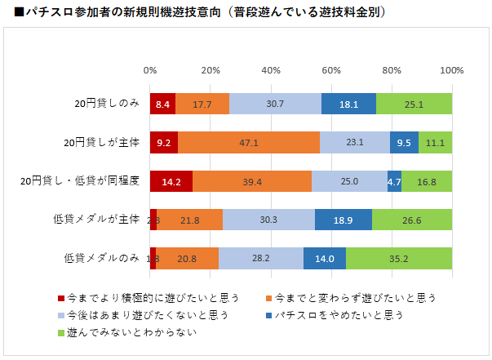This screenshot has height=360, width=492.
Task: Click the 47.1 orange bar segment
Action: pos(249,143)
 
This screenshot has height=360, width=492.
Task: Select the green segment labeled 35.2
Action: pos(399,259)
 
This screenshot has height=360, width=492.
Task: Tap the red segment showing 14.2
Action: pos(171,181)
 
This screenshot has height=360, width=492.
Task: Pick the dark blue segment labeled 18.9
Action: pos(344,220)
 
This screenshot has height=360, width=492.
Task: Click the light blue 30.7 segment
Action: pos(275,104)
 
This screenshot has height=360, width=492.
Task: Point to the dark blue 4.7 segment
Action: pos(394,181)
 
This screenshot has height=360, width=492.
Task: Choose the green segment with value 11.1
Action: pos(435,143)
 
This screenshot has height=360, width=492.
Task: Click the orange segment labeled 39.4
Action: pos(252,181)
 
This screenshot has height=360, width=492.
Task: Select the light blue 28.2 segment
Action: pos(261,259)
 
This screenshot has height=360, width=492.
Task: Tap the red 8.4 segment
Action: pos(162,104)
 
